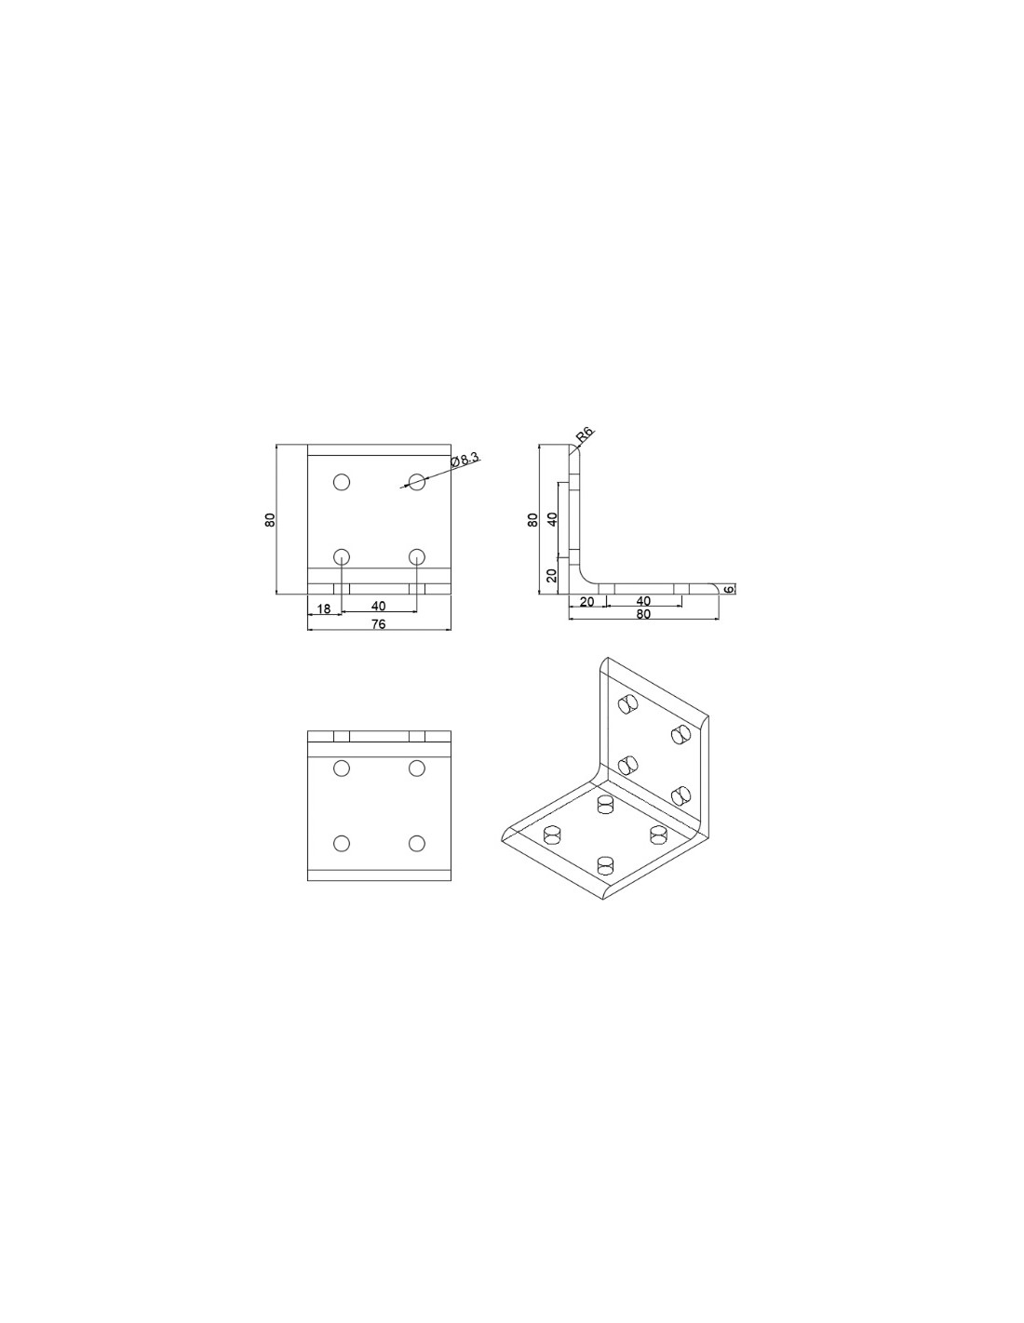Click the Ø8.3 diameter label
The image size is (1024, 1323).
(x=465, y=459)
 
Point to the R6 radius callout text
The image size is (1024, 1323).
(x=583, y=434)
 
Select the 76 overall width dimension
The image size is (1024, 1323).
(x=378, y=623)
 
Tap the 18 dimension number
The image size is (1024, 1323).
(x=323, y=608)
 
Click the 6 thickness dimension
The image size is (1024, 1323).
(x=729, y=589)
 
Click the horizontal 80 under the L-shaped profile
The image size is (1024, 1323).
(x=642, y=614)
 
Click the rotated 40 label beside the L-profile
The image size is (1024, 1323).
(x=552, y=519)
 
